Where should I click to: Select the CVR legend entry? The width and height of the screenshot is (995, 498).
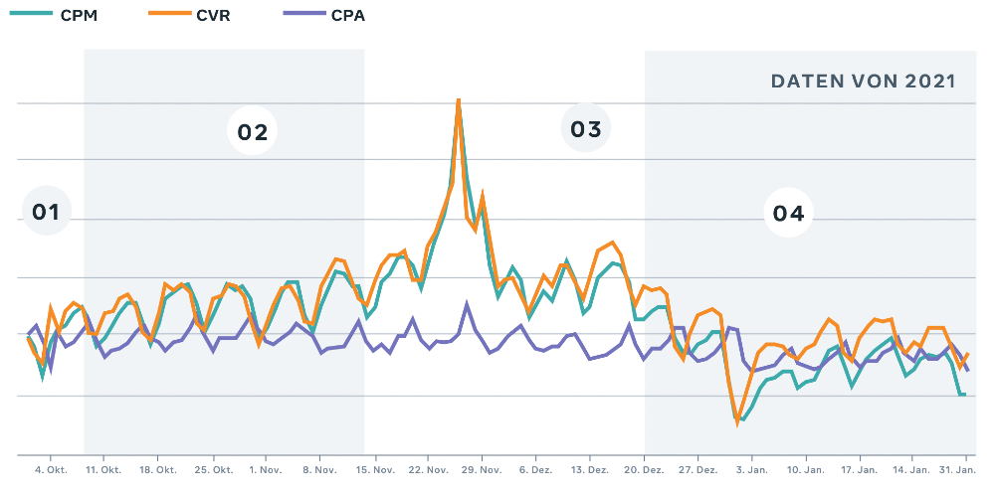[196, 15]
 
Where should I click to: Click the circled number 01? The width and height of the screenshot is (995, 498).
[47, 212]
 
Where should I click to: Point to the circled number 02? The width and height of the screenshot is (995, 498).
[253, 132]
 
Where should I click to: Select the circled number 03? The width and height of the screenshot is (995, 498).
[586, 129]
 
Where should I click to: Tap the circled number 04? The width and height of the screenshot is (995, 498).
[788, 213]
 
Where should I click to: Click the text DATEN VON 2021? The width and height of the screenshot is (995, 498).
[864, 82]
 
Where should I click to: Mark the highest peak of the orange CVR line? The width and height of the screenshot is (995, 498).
[459, 100]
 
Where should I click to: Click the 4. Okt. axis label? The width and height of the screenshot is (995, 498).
[51, 469]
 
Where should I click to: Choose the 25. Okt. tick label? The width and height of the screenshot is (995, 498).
[215, 469]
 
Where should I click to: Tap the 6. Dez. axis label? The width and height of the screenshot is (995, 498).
[537, 469]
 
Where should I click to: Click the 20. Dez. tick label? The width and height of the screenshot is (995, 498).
[646, 469]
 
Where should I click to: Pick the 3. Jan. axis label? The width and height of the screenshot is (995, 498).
[752, 469]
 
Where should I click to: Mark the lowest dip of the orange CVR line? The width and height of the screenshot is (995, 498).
[737, 423]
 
